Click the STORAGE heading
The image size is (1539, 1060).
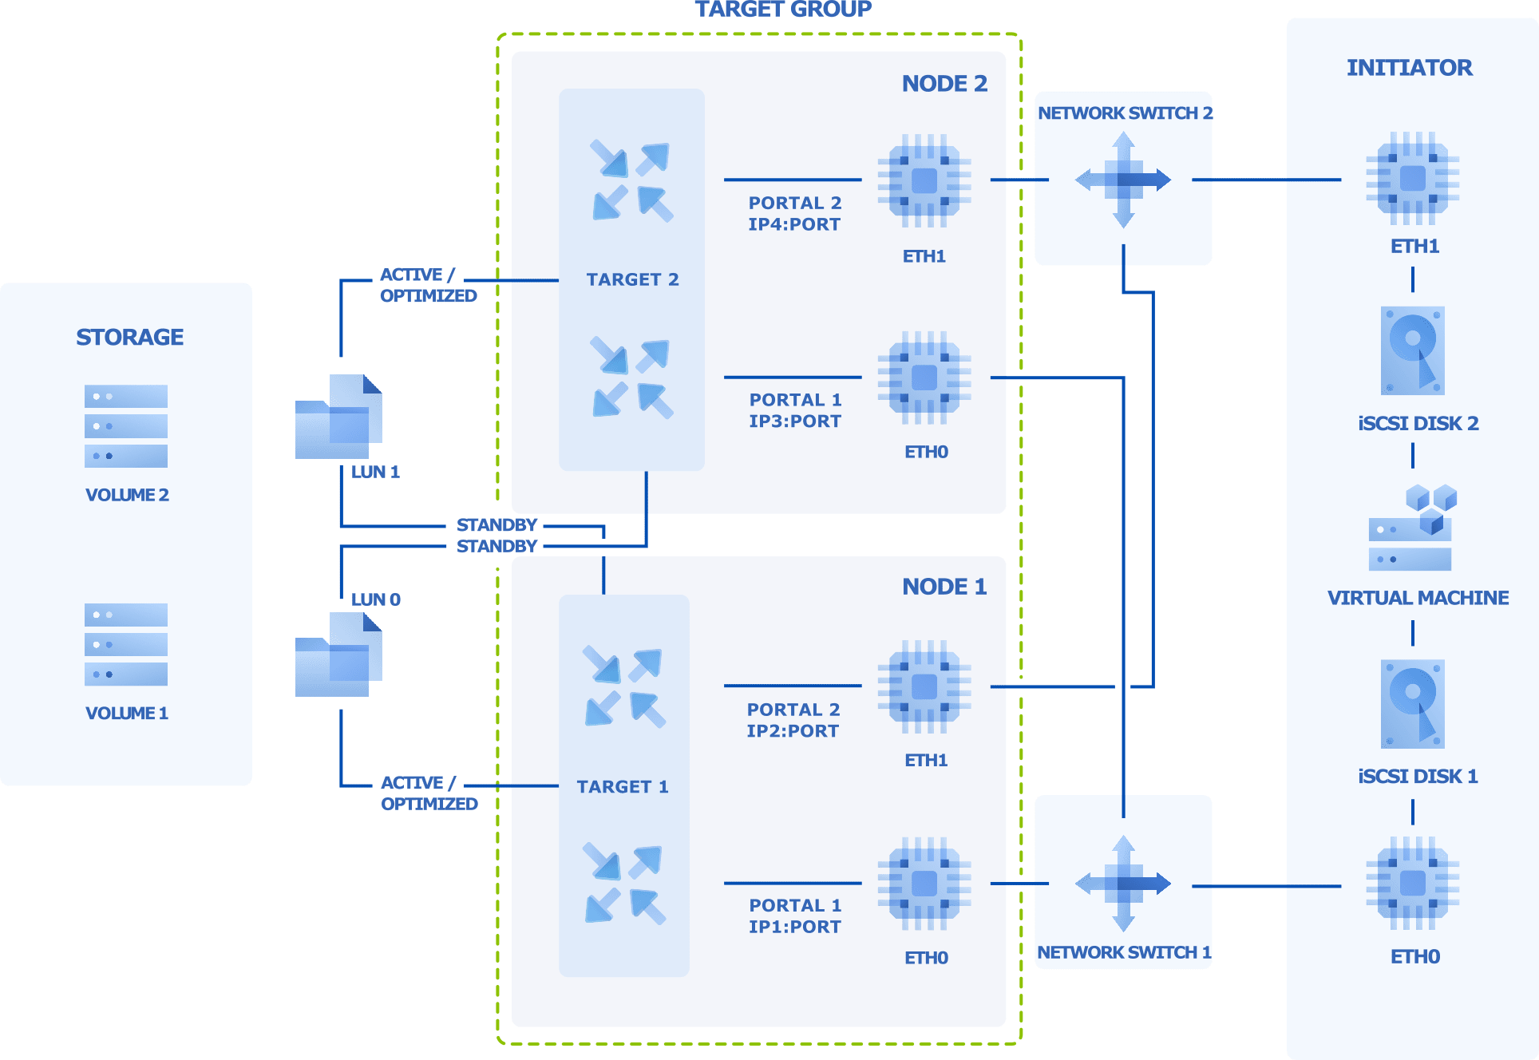[x=129, y=337]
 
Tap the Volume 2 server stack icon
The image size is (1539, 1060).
[x=126, y=426]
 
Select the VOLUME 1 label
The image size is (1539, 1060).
[x=126, y=713]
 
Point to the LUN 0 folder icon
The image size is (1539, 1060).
[x=338, y=655]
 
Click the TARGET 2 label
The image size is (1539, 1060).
[x=632, y=279]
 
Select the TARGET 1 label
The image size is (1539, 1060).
[x=623, y=786]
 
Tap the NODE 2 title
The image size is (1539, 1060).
[x=944, y=84]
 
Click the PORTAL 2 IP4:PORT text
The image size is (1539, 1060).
[x=794, y=213]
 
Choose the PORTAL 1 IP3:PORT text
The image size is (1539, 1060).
[x=794, y=410]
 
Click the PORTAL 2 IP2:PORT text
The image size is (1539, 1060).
[x=793, y=720]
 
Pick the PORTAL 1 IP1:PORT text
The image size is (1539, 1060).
[x=794, y=916]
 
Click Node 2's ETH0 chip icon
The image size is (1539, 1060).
[x=924, y=378]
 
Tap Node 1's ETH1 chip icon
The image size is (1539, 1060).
[x=924, y=686]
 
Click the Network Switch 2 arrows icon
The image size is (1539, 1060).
[x=1123, y=180]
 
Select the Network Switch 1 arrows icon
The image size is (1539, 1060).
[x=1123, y=884]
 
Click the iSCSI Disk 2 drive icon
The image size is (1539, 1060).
[x=1412, y=350]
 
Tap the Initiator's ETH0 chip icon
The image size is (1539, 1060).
[x=1412, y=884]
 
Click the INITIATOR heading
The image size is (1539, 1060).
[x=1409, y=68]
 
